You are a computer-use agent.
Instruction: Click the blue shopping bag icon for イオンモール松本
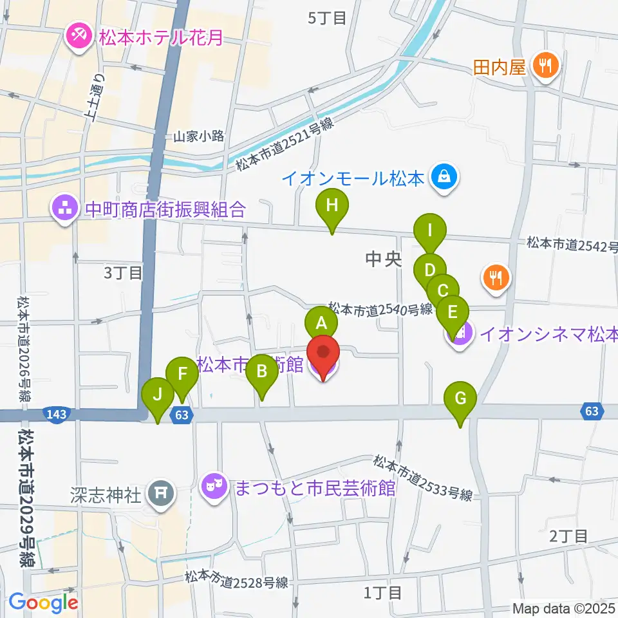point(444,176)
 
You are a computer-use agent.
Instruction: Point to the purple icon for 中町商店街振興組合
point(66,209)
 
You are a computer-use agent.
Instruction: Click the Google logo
point(43,603)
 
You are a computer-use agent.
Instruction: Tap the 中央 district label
point(383,259)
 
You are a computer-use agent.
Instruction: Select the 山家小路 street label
point(198,136)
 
